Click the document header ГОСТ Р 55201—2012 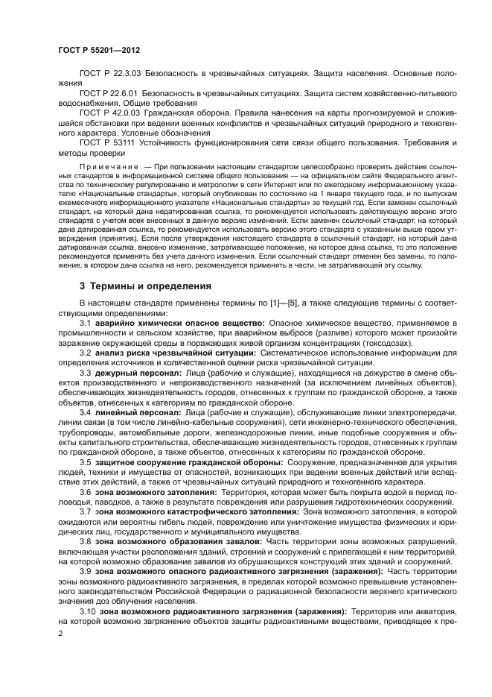(x=99, y=49)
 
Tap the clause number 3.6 (x=86, y=492)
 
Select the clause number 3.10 (x=88, y=611)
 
